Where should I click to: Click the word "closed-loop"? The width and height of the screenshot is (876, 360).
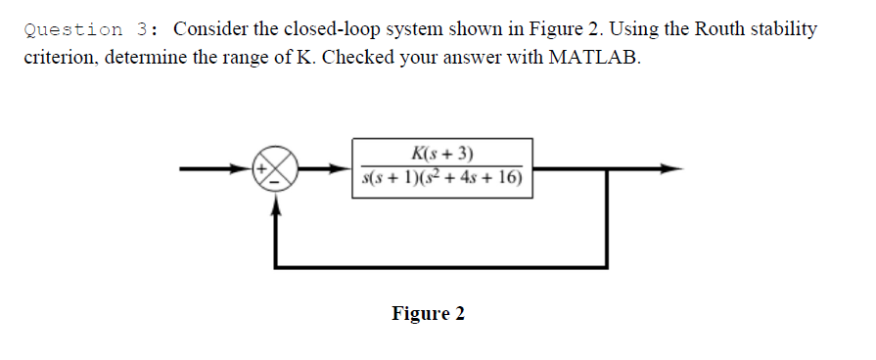point(312,29)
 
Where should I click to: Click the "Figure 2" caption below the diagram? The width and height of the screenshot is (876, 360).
point(429,313)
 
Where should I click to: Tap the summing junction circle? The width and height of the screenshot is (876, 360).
point(275,169)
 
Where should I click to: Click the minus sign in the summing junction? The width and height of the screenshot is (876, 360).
point(275,180)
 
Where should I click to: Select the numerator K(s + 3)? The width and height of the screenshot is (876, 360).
point(443,153)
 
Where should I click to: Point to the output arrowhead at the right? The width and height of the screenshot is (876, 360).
point(670,168)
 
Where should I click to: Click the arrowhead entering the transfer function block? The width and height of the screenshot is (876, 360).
point(344,168)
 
